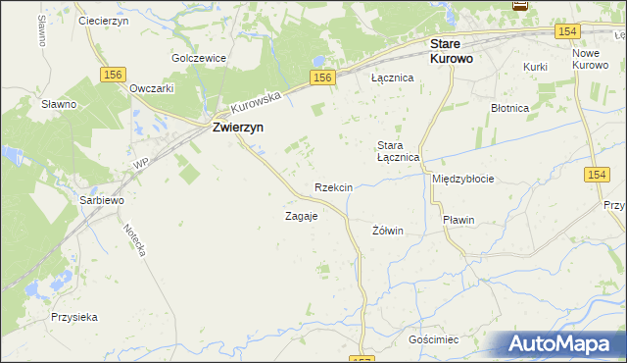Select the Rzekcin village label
coord(333,186)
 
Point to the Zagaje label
coord(301,216)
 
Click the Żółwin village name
coord(389,231)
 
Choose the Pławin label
coord(458,220)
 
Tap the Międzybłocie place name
coord(462,180)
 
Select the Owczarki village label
coord(152,87)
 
